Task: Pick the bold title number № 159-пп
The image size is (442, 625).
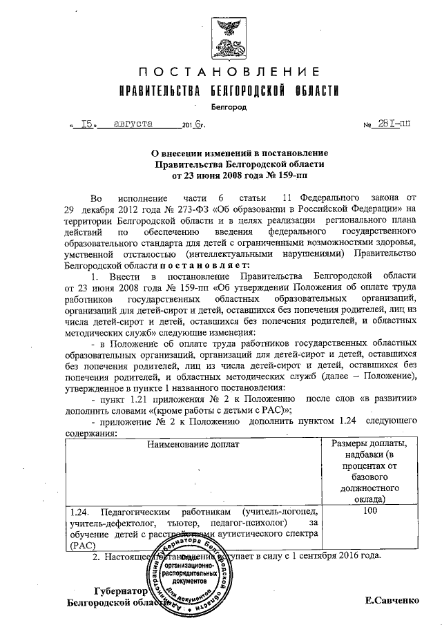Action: tap(278, 176)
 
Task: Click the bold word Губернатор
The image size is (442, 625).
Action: tap(121, 591)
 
